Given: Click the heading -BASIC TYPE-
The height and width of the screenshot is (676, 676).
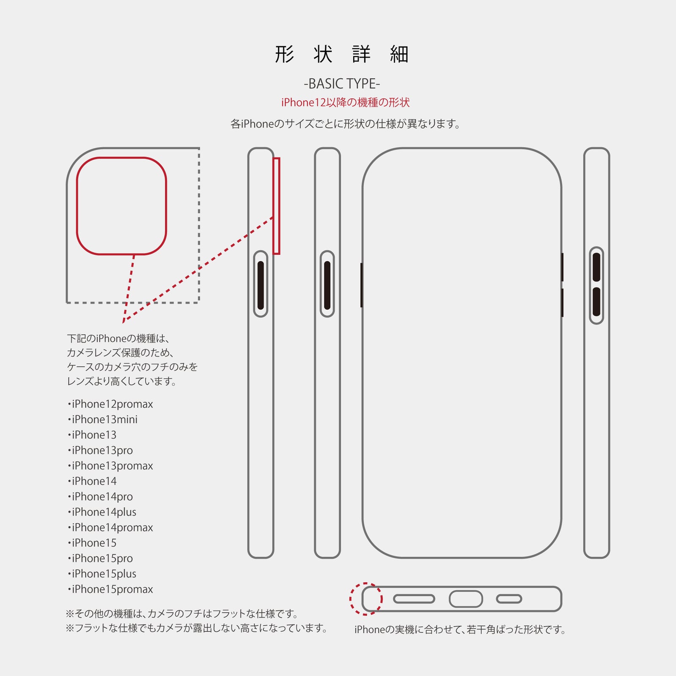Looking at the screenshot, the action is pos(342,84).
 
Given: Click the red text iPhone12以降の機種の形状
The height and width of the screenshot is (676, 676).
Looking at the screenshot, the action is pos(345,102).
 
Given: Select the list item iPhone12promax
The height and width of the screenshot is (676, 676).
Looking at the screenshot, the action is pos(111,404).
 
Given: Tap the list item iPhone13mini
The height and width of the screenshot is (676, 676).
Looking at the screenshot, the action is pos(103,420).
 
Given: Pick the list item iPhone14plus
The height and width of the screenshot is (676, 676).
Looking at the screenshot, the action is pos(102,512).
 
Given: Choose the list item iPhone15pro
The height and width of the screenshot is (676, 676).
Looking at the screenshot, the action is pos(101,559).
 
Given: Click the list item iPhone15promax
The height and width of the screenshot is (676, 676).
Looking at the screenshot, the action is pos(111,589).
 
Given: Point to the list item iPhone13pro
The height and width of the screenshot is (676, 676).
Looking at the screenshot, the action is pos(101,450).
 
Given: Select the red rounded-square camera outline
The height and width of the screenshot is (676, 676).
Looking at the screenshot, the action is pos(122,158).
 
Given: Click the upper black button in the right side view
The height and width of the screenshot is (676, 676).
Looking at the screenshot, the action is pos(596,267).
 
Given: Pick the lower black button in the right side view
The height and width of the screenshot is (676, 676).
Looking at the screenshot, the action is pos(596,302).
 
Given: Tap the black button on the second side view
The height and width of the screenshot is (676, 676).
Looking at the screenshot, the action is pos(327,285).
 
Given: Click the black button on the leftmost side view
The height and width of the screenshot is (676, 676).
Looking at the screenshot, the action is pos(261,285).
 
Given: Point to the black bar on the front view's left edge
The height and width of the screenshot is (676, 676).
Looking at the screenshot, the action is pos(362,285).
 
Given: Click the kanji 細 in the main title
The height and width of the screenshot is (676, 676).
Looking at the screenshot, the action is pos(399,55).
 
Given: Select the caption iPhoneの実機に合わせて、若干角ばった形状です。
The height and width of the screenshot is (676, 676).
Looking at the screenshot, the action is pos(460,630).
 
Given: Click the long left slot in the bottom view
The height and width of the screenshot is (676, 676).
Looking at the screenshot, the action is pos(414,599).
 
